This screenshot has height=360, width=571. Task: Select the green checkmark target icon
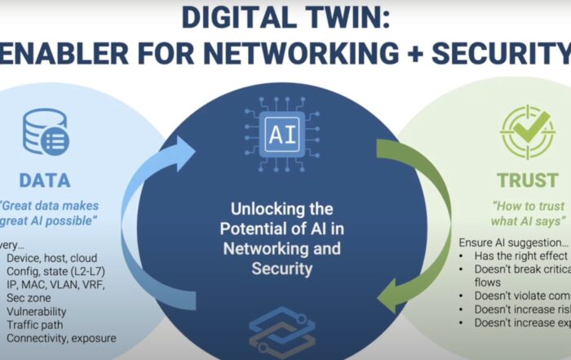coord(527,132)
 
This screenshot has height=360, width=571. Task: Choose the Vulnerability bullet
coord(37,311)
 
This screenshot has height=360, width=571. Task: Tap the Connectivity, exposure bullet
coord(60,337)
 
